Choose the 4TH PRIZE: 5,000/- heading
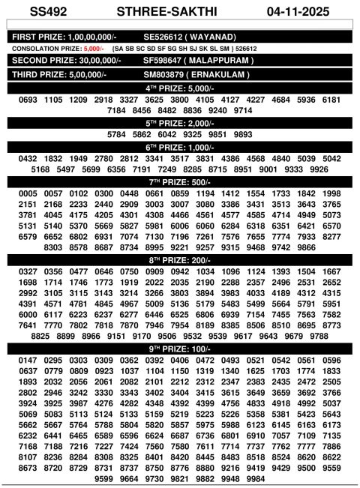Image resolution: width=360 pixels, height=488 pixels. point(180,88)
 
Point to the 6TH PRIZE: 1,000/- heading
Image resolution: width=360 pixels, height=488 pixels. point(180,147)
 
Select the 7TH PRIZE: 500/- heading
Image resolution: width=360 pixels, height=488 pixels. point(180,181)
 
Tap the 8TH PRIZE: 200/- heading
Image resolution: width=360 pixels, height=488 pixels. point(180,259)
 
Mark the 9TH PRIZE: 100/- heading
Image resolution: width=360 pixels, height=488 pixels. point(180,349)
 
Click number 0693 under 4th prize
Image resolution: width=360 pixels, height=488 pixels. point(28,100)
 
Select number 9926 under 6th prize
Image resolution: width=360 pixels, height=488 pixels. point(319,169)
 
